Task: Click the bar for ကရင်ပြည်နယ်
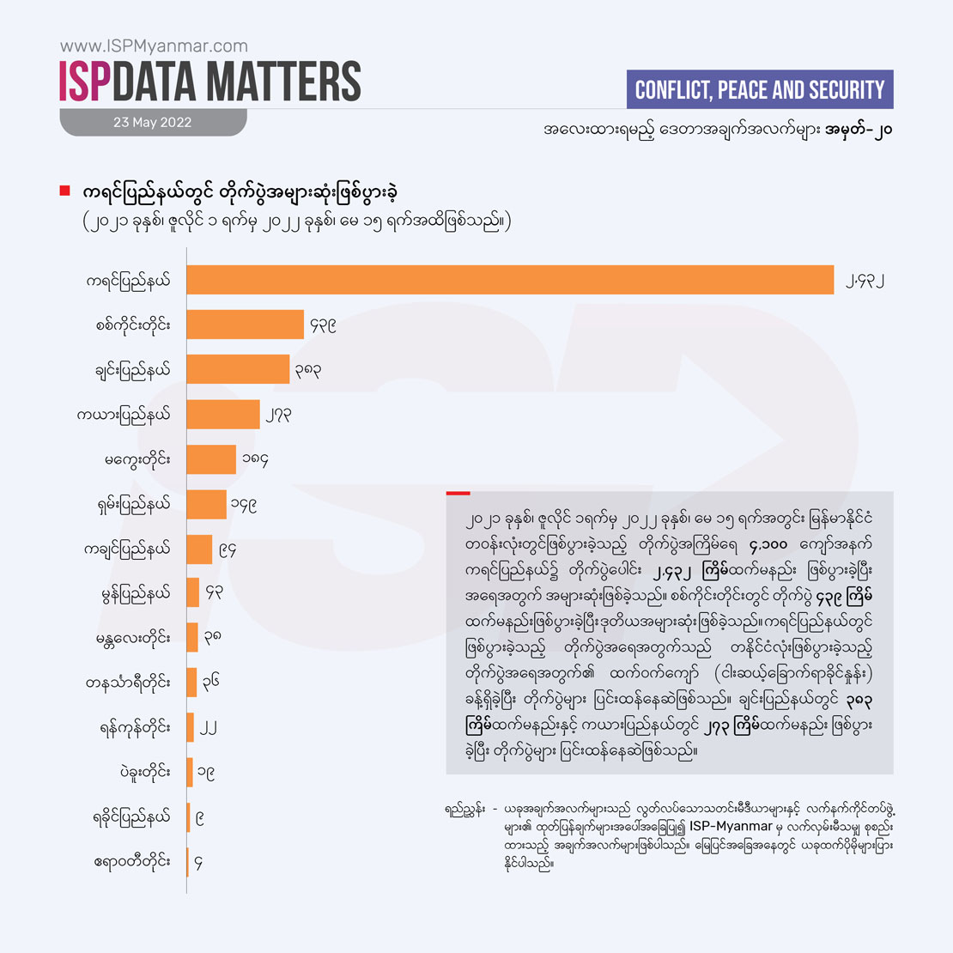click(510, 280)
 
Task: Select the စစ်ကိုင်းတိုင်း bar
click(245, 325)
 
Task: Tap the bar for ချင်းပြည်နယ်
click(238, 369)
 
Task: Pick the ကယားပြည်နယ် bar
click(223, 414)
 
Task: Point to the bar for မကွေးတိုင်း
click(211, 459)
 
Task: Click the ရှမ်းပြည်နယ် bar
click(206, 504)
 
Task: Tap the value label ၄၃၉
click(323, 325)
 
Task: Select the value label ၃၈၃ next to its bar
click(308, 370)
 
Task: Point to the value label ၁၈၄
click(255, 460)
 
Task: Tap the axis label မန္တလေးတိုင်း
click(132, 639)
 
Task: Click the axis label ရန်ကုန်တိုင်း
click(134, 728)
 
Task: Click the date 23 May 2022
click(153, 123)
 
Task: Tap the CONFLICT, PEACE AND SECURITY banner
click(759, 89)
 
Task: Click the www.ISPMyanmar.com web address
click(154, 46)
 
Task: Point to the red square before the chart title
click(64, 191)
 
